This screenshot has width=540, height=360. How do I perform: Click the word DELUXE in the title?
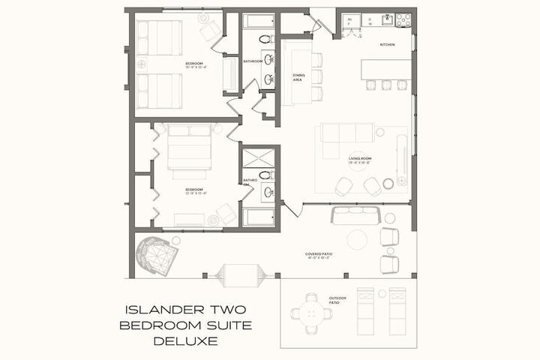click(184, 341)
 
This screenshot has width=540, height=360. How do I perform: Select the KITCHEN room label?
click(387, 45)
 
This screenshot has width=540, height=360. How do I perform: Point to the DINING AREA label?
click(298, 76)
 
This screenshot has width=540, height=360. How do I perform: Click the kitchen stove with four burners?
click(403, 20)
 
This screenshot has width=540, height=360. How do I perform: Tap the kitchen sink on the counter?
click(387, 19)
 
